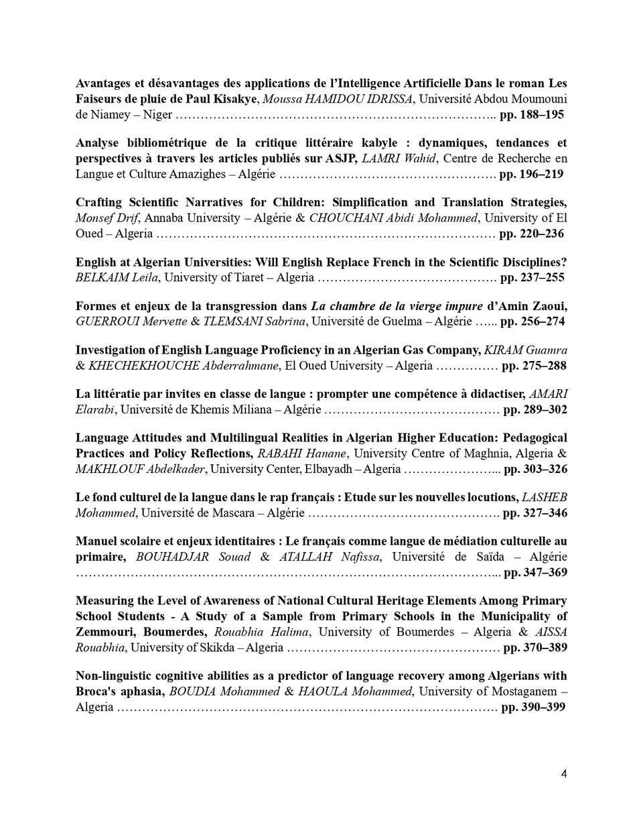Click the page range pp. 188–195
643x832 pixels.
[x=532, y=115]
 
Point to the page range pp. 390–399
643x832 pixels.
[x=533, y=707]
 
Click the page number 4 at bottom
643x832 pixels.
[x=564, y=774]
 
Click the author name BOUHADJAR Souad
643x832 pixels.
[x=194, y=557]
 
